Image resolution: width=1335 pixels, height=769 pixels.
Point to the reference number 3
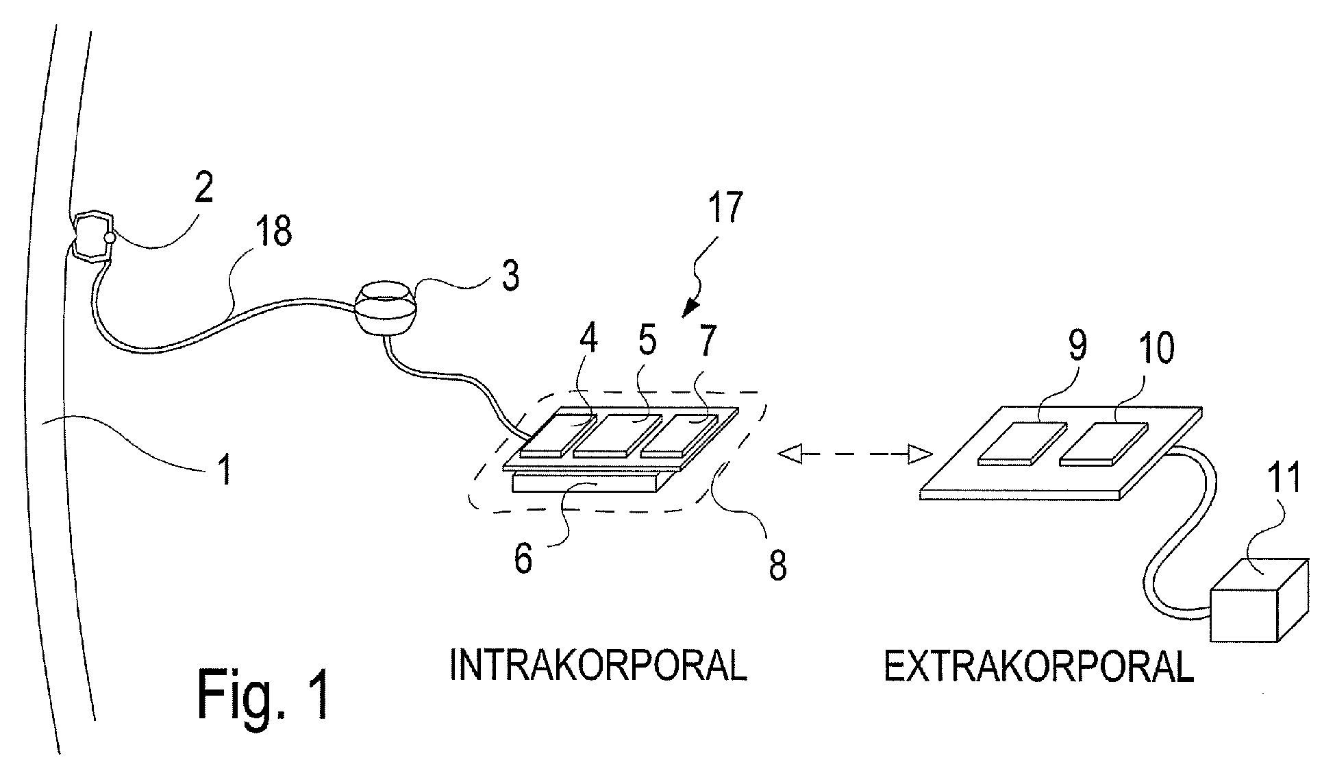[510, 276]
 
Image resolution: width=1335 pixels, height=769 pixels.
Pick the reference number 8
[777, 566]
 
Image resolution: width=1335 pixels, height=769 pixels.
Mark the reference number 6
[522, 559]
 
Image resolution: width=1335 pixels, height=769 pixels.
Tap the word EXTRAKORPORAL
[1038, 666]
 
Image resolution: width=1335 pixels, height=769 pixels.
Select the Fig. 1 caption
[264, 694]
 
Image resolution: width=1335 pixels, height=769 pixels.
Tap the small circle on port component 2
[108, 238]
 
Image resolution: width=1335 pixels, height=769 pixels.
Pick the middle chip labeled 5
[614, 435]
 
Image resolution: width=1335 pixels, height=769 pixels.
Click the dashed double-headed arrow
[855, 453]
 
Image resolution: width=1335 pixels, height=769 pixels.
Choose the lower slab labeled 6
[586, 484]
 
